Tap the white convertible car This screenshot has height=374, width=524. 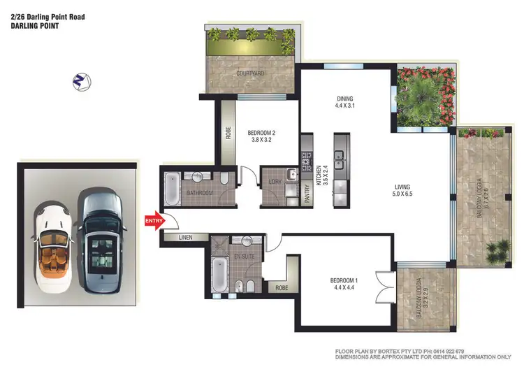(x=52, y=247)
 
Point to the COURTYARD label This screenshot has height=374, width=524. (x=250, y=73)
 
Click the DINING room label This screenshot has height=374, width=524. (x=344, y=103)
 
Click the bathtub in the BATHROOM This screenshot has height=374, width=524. (x=173, y=189)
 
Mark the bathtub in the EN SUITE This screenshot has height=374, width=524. (x=219, y=278)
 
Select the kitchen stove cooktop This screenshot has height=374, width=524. (x=305, y=163)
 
